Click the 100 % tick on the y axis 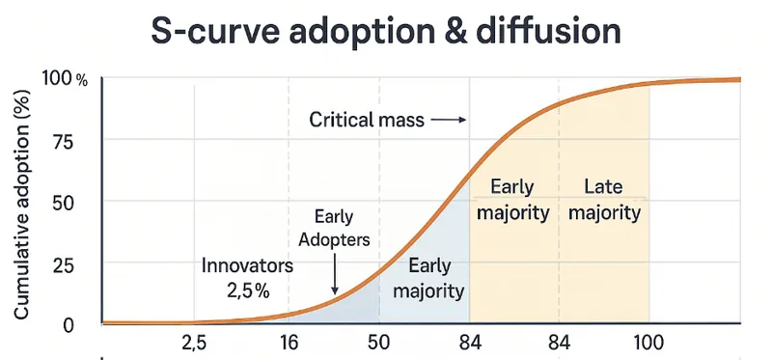click(x=66, y=80)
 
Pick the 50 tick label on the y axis click(x=64, y=202)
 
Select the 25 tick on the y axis click(x=64, y=263)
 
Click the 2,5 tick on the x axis click(x=195, y=344)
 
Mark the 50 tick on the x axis click(x=378, y=344)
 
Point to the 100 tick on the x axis click(x=648, y=344)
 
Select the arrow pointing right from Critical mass click(x=449, y=121)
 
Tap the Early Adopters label click(x=334, y=229)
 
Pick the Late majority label click(x=604, y=200)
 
